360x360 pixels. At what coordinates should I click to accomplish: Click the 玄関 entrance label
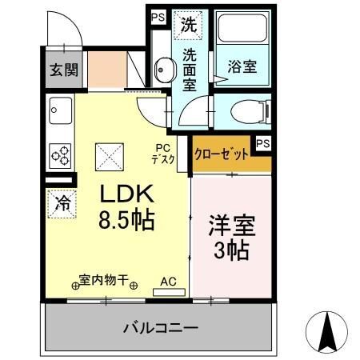(x=61, y=70)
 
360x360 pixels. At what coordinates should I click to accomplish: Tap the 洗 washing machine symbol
(x=189, y=24)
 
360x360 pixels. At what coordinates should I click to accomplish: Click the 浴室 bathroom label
(x=241, y=67)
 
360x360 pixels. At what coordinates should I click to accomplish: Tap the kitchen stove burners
(x=61, y=151)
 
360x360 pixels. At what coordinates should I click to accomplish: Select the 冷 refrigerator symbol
(x=62, y=203)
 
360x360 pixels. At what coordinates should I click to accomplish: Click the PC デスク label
(x=164, y=153)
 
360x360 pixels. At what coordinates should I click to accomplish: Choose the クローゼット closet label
(x=220, y=155)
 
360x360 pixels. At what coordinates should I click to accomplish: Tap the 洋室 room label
(x=230, y=225)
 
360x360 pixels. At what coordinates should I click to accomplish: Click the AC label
(x=168, y=282)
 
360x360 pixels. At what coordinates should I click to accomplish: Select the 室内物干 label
(x=104, y=281)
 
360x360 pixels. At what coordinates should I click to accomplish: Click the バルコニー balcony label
(x=160, y=327)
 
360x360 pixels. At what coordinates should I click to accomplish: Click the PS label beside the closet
(x=262, y=143)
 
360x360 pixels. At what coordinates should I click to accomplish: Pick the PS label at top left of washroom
(x=157, y=15)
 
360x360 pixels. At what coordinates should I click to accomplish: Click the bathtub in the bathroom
(x=242, y=34)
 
